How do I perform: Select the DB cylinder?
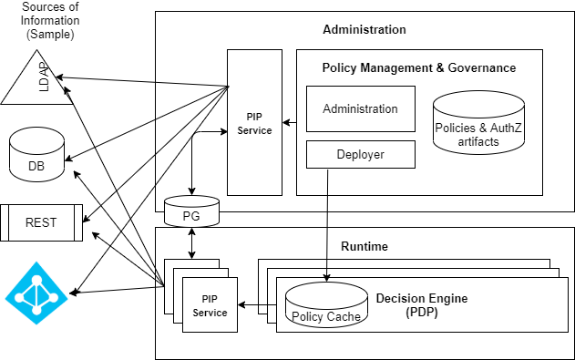36,155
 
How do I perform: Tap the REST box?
41,222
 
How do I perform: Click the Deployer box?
360,155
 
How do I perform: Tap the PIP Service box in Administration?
253,123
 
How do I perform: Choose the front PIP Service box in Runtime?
210,306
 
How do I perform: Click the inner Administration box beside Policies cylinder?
360,108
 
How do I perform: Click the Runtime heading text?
365,246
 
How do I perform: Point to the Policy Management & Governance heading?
419,67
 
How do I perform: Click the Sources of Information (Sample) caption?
51,21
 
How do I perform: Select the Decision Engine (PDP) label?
420,304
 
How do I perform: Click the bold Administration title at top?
365,29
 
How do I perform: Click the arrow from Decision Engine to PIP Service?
257,306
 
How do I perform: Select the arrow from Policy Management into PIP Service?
289,122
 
